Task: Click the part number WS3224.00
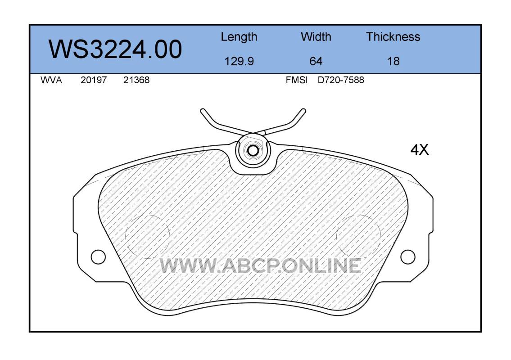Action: [115, 49]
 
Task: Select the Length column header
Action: [239, 37]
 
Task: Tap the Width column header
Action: [316, 36]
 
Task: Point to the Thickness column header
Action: [393, 36]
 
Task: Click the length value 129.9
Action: [239, 61]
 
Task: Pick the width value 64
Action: [316, 61]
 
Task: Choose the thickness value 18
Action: [393, 61]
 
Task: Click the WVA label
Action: [51, 80]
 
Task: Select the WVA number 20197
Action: [94, 80]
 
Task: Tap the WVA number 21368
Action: [136, 80]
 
